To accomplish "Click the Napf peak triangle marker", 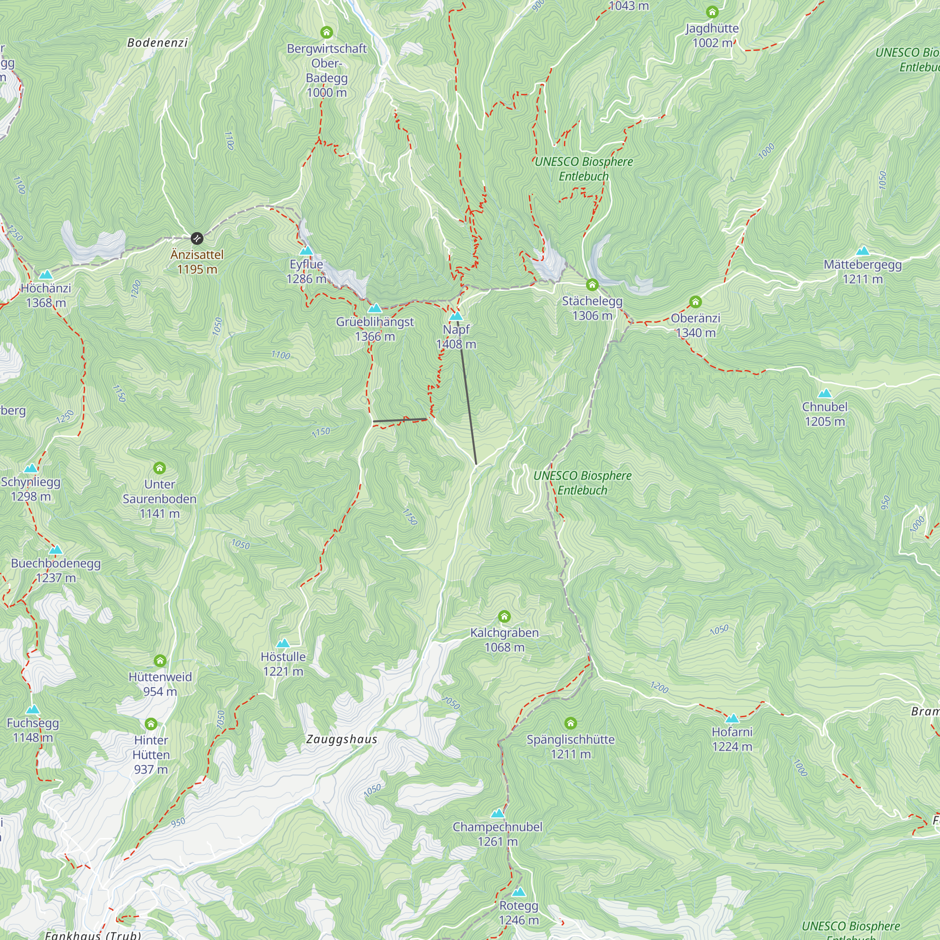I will coord(456,316).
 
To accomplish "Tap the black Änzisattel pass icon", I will coord(196,238).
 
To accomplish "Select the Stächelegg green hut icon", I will coord(592,285).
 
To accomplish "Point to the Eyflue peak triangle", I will coord(306,251).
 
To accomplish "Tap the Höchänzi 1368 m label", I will coord(46,295).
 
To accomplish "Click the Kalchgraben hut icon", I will coord(504,617).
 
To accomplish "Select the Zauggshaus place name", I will coord(342,739).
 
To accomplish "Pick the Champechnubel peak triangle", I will coord(497,814).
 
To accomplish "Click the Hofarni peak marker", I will coord(732,719).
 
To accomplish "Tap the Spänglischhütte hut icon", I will coord(570,723).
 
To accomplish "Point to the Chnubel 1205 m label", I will coord(825,414).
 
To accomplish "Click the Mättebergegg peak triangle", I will coord(862,251).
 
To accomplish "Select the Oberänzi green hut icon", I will coord(695,302).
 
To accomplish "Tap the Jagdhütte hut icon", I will coord(712,12).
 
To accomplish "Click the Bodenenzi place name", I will coord(157,43).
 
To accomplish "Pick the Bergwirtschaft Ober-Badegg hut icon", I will coord(327,32).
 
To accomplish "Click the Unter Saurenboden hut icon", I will coord(160,468).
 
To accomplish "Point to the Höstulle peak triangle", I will coord(282,643).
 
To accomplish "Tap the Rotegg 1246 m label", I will coord(519,913).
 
